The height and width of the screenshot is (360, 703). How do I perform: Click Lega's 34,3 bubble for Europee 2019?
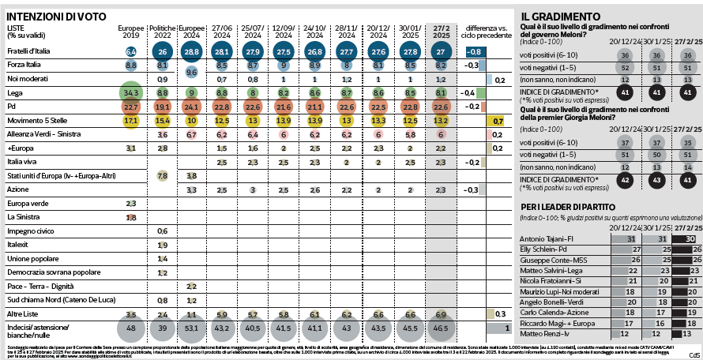point(131,93)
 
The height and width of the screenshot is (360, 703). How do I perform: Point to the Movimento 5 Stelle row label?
point(38,120)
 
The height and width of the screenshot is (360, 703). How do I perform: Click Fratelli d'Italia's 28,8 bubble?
point(191,51)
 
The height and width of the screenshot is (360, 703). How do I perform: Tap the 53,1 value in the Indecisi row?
point(191,328)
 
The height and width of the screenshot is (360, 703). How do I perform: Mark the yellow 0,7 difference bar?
point(498,121)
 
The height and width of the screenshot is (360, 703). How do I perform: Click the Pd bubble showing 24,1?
point(191,107)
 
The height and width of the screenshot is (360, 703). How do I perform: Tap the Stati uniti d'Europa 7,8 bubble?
point(162,174)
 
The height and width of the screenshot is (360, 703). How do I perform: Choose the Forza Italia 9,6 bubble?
point(191,72)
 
